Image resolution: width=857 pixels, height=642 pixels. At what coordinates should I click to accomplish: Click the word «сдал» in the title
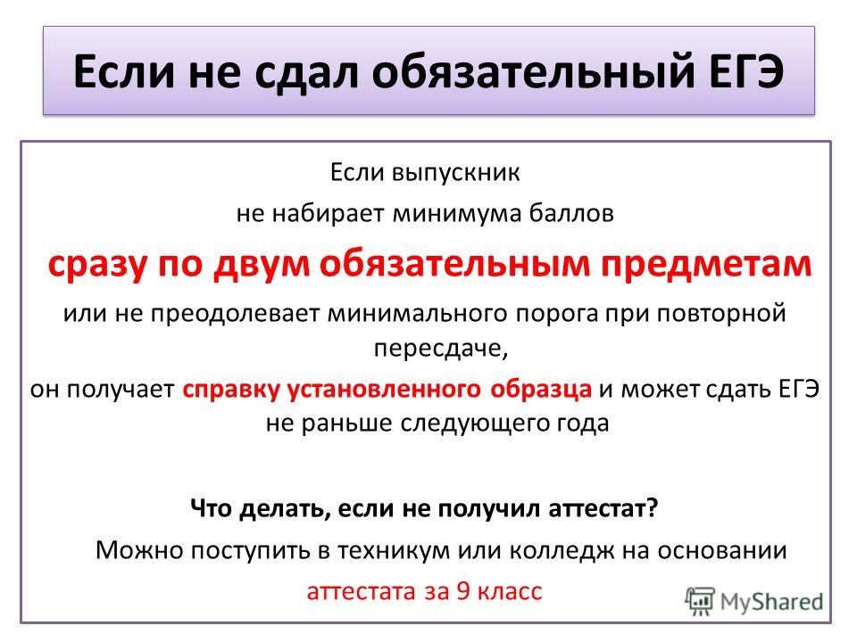(306, 71)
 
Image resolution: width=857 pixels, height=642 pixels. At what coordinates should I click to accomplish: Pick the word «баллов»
(571, 212)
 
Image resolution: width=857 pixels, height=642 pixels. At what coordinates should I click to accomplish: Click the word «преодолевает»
(235, 314)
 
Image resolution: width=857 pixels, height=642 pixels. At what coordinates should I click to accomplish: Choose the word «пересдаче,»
(441, 349)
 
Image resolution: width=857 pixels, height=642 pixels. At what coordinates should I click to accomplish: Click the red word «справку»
(231, 390)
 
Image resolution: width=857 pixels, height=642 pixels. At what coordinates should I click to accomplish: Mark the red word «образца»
(541, 390)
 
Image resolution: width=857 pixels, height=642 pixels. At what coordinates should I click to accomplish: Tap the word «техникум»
(393, 550)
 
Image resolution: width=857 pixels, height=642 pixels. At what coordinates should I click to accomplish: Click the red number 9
(463, 591)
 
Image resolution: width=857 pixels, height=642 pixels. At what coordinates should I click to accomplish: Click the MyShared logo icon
(700, 602)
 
